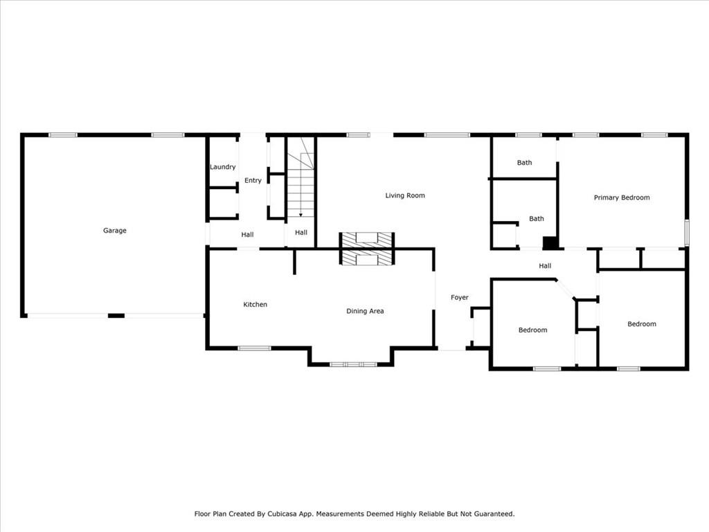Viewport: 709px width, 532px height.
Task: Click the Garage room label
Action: tap(115, 231)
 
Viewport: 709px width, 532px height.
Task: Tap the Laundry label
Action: tap(223, 167)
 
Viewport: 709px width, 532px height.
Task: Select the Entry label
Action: tap(253, 181)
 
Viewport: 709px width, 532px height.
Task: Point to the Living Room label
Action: tap(405, 195)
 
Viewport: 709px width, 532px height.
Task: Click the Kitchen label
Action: tap(255, 305)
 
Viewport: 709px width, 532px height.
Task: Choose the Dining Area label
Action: tap(365, 311)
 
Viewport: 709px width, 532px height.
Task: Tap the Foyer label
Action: tap(460, 297)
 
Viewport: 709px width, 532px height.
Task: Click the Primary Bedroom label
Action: tap(622, 197)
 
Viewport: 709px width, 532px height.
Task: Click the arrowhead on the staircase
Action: tap(300, 215)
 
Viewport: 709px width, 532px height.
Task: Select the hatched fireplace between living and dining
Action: tap(367, 249)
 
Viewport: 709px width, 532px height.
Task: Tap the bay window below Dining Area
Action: tap(353, 364)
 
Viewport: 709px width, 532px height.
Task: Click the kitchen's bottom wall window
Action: tap(255, 348)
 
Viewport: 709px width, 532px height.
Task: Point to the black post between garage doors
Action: tap(116, 316)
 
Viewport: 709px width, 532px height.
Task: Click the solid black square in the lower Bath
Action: tap(550, 243)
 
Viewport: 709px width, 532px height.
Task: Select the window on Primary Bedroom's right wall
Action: tap(686, 233)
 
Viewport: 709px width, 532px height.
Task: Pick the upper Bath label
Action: tap(525, 163)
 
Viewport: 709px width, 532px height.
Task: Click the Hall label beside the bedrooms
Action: tap(545, 266)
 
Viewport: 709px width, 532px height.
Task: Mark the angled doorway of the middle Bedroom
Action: tap(565, 290)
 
